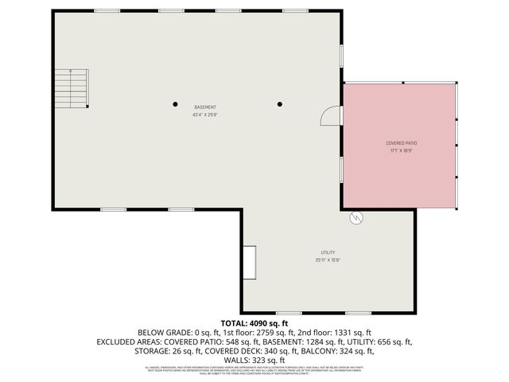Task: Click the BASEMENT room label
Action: click(204, 107)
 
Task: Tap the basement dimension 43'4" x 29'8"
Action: click(204, 115)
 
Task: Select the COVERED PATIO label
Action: click(402, 143)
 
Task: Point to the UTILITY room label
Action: click(328, 252)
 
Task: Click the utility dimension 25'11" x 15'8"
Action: click(328, 259)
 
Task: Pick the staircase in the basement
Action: click(71, 87)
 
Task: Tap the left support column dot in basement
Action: click(176, 103)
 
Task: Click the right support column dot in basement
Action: click(279, 103)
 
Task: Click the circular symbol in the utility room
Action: click(356, 216)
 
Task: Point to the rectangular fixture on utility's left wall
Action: click(250, 262)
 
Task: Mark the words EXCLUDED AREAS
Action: click(130, 342)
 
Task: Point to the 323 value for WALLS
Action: click(255, 361)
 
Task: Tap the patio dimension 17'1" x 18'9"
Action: click(402, 150)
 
